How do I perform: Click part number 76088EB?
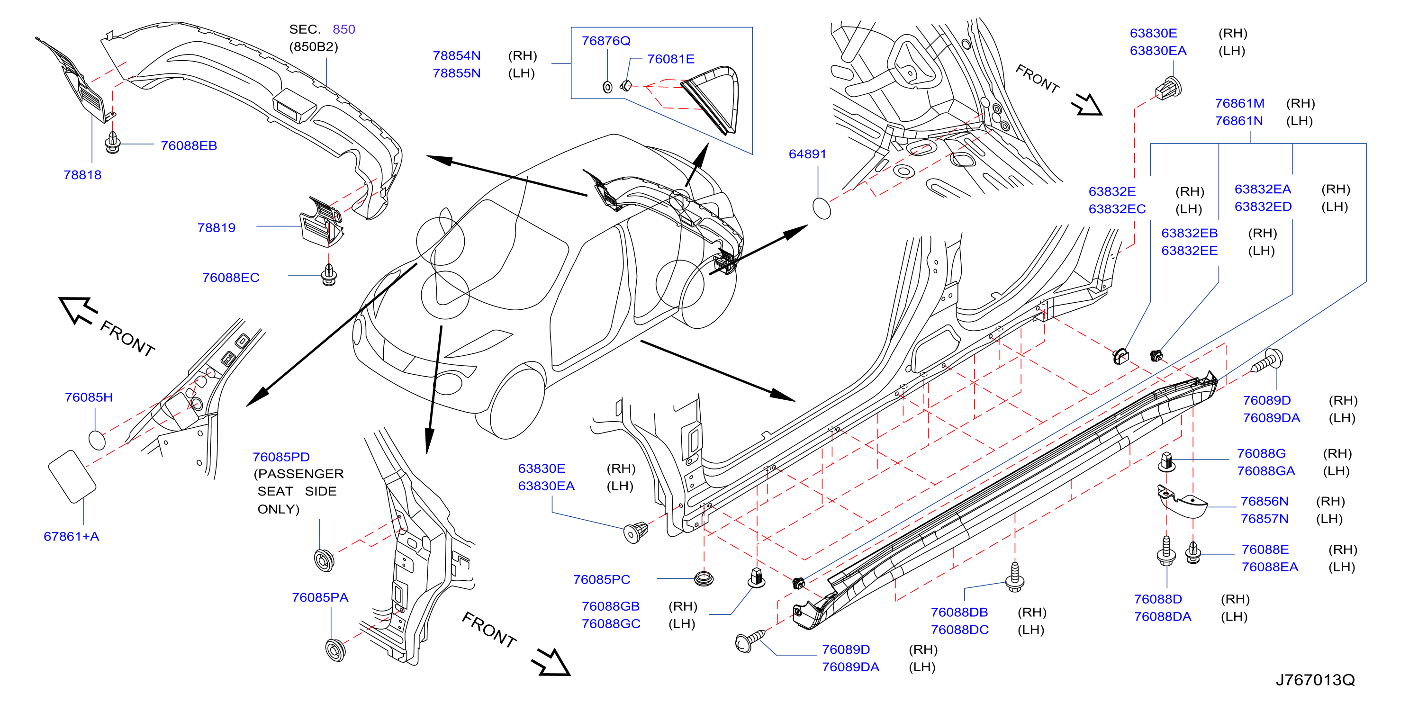(x=189, y=145)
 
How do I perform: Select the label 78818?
(x=82, y=175)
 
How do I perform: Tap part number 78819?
(x=217, y=227)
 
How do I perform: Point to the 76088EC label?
(x=231, y=278)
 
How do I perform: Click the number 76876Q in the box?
(x=606, y=41)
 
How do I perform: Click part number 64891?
(x=807, y=154)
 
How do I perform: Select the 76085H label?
(x=89, y=397)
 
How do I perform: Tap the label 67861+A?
(x=72, y=536)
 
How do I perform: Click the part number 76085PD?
(x=281, y=457)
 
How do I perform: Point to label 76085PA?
(x=320, y=597)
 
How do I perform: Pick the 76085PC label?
(x=602, y=579)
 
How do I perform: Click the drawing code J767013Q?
(x=1316, y=680)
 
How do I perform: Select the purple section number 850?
(x=344, y=29)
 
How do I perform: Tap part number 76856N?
(x=1264, y=501)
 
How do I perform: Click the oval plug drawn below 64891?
(x=822, y=208)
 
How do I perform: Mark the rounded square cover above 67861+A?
(x=72, y=477)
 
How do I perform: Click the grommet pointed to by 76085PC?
(x=704, y=579)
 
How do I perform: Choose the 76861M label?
(x=1239, y=103)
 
